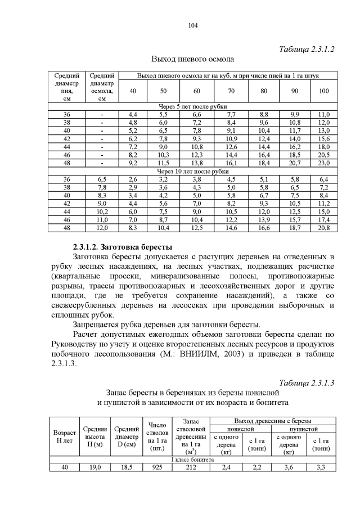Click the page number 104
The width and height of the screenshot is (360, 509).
point(192,25)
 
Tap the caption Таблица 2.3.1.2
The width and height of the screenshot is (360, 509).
point(307,49)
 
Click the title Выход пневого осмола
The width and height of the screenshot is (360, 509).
point(192,58)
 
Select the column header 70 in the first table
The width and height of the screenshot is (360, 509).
point(231,91)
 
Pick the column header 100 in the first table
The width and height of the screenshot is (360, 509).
point(324,91)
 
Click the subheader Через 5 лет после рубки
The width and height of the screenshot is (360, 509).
point(192,107)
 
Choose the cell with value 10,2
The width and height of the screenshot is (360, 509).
point(102,211)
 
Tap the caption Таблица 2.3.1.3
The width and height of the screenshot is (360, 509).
point(307,382)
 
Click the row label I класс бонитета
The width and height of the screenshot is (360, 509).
point(192,460)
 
